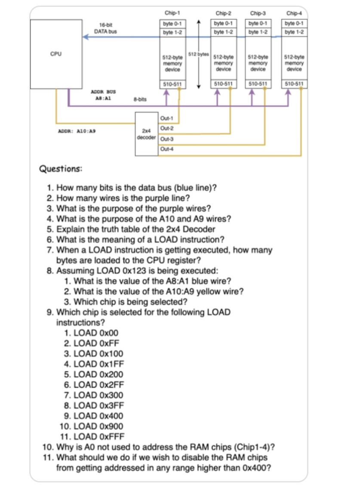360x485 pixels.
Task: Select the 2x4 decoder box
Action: [x=146, y=134]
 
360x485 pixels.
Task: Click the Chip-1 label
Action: [x=172, y=13]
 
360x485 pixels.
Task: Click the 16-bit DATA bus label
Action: [x=105, y=29]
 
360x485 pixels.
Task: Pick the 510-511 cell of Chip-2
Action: [x=223, y=84]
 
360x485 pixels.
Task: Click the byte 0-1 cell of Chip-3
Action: [x=258, y=23]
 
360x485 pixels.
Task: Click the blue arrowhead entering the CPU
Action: [x=86, y=37]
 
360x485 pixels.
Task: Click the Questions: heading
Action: [x=60, y=169]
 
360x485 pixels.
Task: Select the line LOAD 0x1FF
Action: [x=93, y=364]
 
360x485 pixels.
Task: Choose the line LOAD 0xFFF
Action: [x=93, y=436]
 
